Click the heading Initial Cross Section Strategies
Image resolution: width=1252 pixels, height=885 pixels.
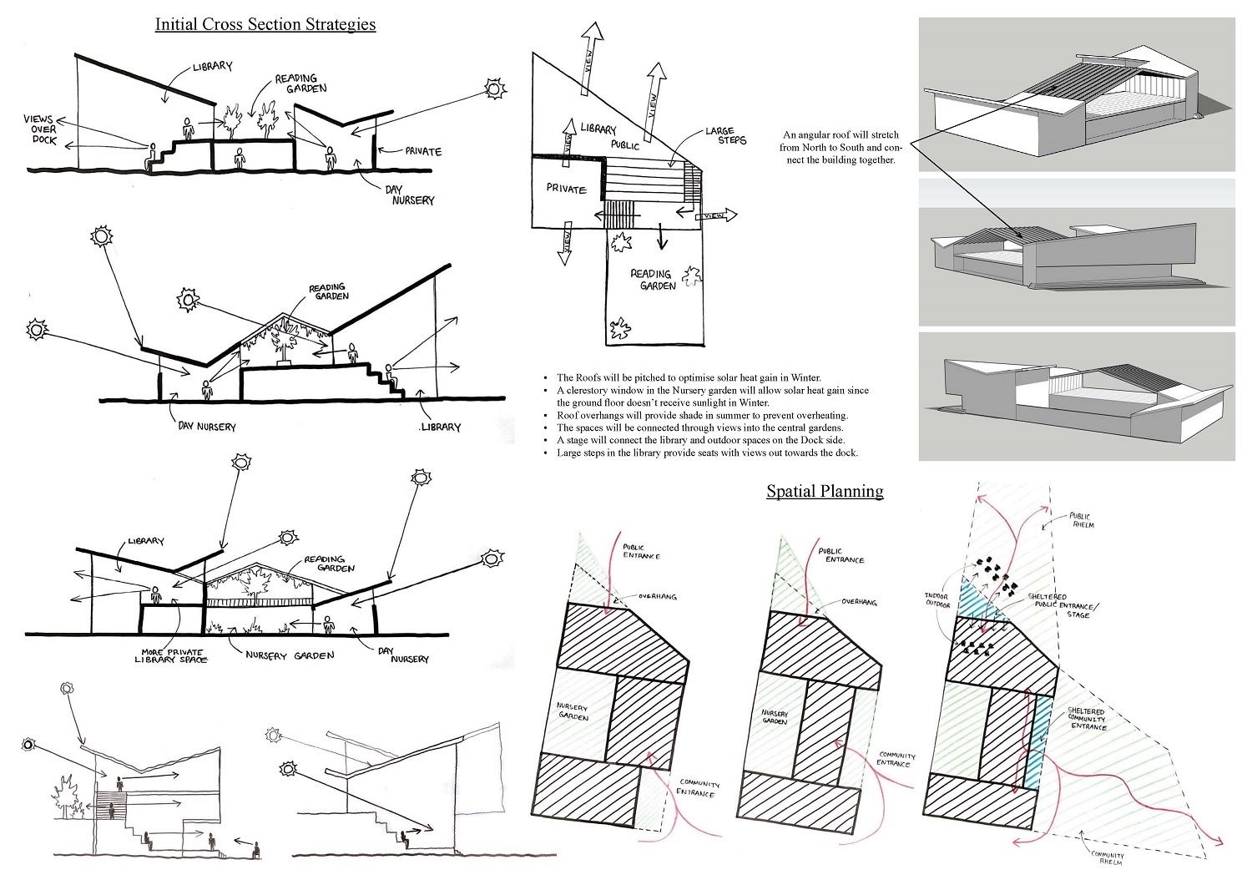tap(265, 24)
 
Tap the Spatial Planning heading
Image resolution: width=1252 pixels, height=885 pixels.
tap(825, 491)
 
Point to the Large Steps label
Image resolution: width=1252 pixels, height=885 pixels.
tap(725, 135)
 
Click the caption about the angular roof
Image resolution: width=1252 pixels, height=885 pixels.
tap(841, 147)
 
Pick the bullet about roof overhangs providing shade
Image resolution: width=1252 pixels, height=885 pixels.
tap(701, 415)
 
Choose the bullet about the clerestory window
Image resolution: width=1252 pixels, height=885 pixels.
tap(711, 396)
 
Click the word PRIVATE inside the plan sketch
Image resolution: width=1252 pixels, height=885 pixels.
tap(567, 189)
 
